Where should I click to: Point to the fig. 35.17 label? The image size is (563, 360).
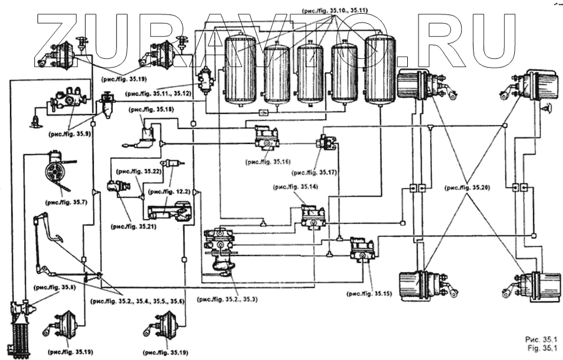318,172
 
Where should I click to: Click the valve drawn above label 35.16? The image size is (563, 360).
270,136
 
